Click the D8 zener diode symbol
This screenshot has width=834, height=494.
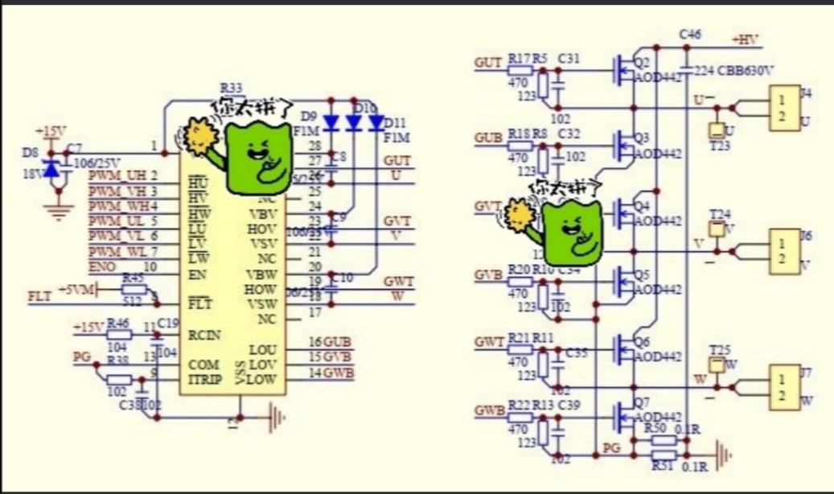pos(53,169)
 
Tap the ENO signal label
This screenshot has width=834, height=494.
pos(103,266)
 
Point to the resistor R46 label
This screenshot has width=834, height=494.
pos(117,322)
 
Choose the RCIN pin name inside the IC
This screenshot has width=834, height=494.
pos(205,334)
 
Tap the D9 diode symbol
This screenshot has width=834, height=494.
pos(330,123)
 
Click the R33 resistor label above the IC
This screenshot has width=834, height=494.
pos(232,89)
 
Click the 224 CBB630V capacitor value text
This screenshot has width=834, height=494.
pos(733,71)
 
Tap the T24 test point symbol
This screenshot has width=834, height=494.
pos(719,230)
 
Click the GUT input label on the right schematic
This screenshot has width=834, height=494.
pos(488,63)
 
